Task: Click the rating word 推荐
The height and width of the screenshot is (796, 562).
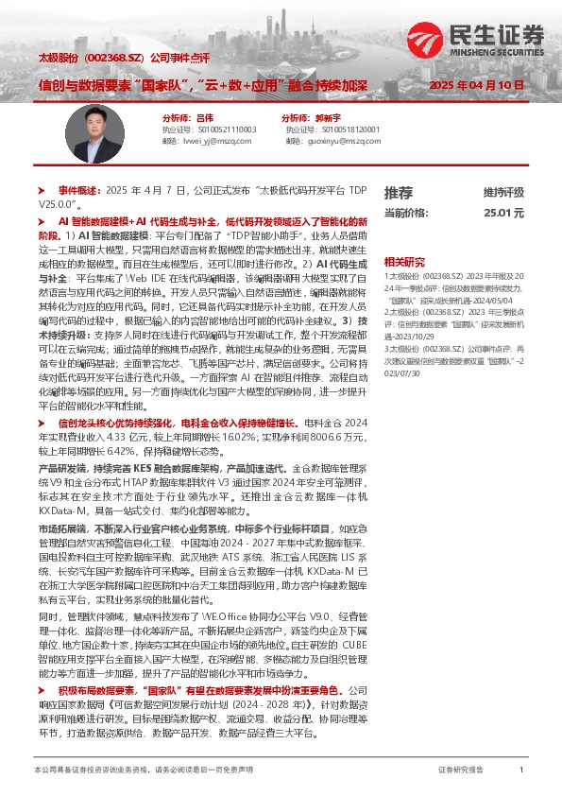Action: pos(398,192)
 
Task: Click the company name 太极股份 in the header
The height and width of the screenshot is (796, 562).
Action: pos(58,57)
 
